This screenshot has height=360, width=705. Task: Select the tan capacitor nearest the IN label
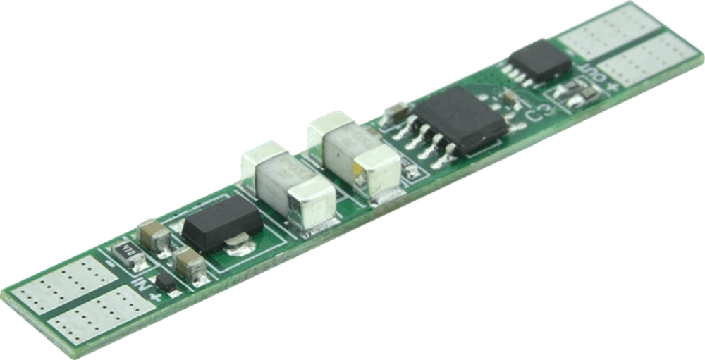[189, 266]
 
